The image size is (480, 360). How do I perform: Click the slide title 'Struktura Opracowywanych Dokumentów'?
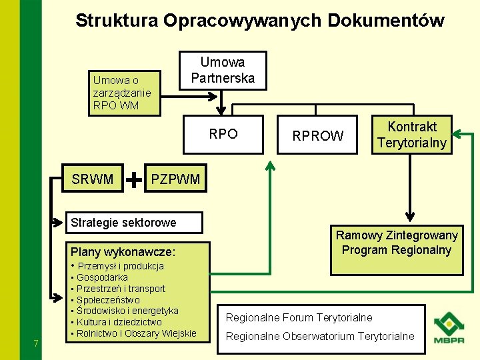coord(259,21)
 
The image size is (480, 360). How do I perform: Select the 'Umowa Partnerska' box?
coord(223,70)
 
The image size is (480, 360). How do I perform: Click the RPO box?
coord(223,134)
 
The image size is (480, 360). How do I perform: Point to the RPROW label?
coord(318,136)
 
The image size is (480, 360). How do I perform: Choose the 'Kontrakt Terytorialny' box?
coord(411,135)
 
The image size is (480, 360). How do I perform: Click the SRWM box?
coord(92,179)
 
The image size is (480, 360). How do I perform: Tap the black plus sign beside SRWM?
coord(134,179)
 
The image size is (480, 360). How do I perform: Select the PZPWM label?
coord(175,179)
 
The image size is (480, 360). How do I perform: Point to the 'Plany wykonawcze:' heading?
coord(123,252)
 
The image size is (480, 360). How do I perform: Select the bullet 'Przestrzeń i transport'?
coord(121,289)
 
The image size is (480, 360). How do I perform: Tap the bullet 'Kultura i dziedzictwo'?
coord(119,322)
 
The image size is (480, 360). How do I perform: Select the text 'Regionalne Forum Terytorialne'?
coord(299,317)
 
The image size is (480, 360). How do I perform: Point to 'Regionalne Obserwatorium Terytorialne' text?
coord(319,336)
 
